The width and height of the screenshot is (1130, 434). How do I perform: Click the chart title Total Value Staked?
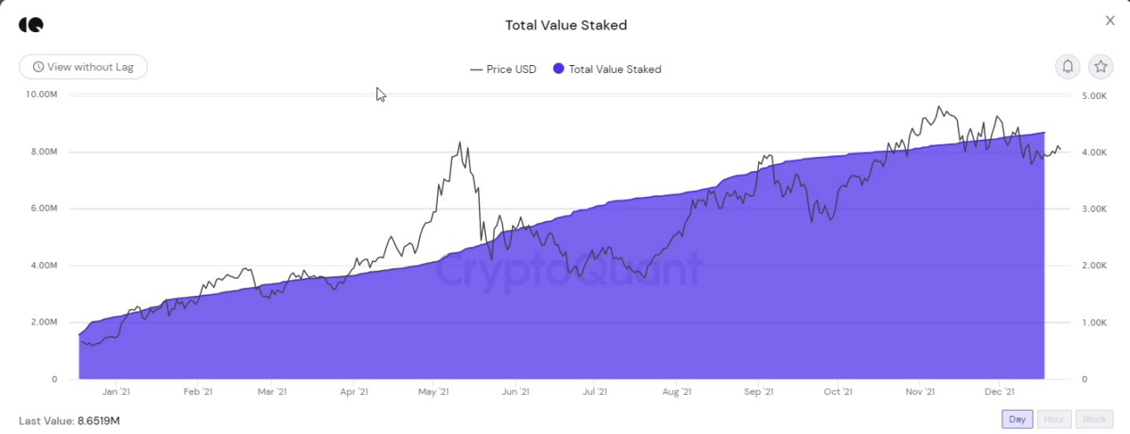coord(566,25)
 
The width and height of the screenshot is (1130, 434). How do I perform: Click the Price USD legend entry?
coord(503,69)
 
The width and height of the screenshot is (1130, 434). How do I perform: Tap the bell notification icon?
coord(1067,66)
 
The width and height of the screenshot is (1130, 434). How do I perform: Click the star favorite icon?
coord(1100,66)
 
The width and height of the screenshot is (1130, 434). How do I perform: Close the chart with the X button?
coord(1110,21)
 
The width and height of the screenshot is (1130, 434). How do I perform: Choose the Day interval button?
coord(1017,419)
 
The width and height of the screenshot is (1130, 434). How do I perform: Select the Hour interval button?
coord(1054,419)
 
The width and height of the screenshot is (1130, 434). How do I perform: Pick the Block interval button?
coord(1094,419)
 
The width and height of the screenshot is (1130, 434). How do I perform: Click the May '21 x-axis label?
coord(433,392)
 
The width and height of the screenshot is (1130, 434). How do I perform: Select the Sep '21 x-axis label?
coord(758,392)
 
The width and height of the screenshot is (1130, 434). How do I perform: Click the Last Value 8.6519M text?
coord(70,421)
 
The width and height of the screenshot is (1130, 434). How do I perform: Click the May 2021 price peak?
coord(460,143)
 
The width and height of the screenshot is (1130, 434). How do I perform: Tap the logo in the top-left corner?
coord(30,24)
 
